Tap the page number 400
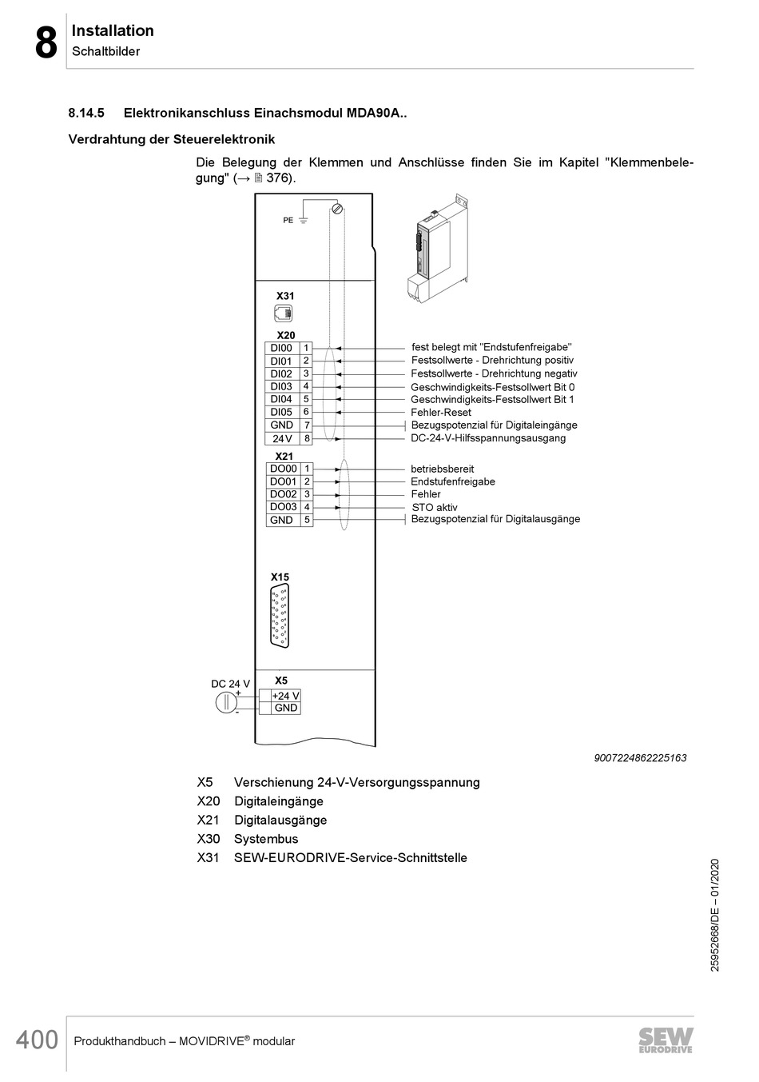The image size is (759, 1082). point(37,1040)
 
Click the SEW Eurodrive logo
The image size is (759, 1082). point(666,1040)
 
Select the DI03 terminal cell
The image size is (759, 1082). point(281,386)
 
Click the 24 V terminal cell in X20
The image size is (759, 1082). point(281,438)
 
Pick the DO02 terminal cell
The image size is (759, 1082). point(283,494)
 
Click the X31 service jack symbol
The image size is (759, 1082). point(284,313)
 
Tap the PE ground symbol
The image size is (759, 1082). point(304,219)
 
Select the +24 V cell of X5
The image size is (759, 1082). point(285,696)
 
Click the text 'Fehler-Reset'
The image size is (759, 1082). point(440,413)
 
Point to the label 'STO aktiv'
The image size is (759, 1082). point(435,507)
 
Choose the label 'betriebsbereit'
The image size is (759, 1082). point(442,469)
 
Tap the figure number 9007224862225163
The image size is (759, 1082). point(640,757)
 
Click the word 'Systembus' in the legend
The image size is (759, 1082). point(265,839)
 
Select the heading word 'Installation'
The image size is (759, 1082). point(113,30)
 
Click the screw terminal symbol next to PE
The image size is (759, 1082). point(337,209)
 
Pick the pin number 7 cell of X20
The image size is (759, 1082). point(307,425)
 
